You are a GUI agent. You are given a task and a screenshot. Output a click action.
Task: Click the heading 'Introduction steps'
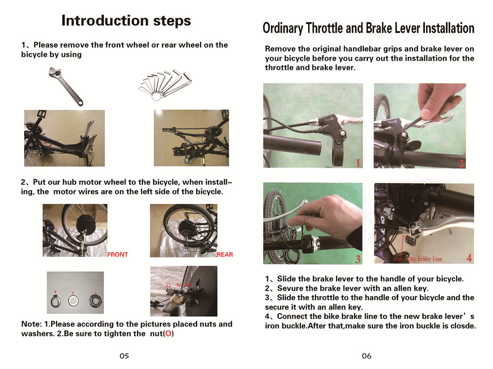tap(126, 21)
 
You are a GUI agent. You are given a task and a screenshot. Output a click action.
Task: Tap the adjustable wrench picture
tap(66, 87)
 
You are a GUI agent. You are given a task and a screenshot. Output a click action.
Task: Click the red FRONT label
tap(118, 255)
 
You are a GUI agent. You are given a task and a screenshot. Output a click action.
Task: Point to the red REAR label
tap(225, 255)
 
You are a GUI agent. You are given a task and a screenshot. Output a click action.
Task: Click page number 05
tap(124, 356)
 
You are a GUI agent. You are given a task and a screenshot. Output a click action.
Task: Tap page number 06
tap(366, 356)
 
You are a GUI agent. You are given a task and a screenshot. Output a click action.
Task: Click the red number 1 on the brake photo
tap(358, 163)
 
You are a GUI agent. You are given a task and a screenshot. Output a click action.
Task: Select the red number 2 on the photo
tap(461, 164)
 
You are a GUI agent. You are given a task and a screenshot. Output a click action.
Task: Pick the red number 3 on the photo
tap(357, 259)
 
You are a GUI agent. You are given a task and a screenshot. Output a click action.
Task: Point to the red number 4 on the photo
tap(468, 258)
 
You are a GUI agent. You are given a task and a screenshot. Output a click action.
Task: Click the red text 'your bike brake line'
tap(418, 259)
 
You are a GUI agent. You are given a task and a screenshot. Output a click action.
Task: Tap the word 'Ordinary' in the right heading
tap(282, 28)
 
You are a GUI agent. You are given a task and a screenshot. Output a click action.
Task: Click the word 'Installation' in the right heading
tap(439, 28)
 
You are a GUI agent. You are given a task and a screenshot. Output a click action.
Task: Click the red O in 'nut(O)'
tap(169, 334)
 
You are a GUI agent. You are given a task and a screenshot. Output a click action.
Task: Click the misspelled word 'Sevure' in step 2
tap(291, 288)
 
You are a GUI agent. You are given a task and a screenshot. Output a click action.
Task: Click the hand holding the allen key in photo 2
tap(440, 101)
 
